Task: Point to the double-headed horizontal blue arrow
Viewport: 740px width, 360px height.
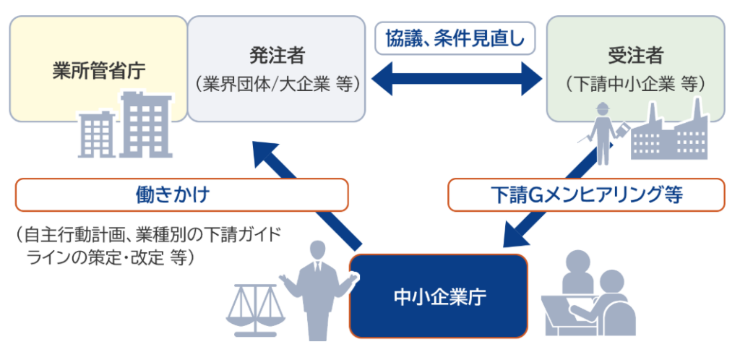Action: (x=455, y=77)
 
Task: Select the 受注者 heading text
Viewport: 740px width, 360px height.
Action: (x=635, y=56)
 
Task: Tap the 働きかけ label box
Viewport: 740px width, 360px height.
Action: (x=181, y=194)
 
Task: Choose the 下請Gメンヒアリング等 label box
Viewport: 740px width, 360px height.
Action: (x=586, y=194)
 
